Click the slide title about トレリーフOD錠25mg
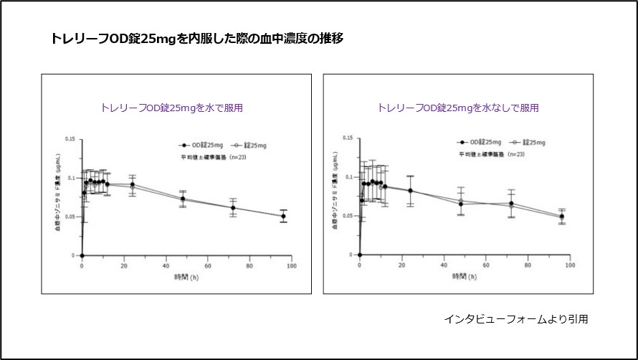coord(196,39)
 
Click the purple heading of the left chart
coord(172,108)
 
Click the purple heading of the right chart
coord(458,108)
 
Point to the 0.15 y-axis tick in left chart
coord(70,138)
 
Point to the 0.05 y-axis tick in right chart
coord(348,216)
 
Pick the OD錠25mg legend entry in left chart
coord(208,145)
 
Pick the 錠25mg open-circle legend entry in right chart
coord(530,143)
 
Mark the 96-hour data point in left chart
coord(283,216)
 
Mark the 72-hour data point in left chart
coord(233,208)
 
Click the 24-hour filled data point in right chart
coord(410,191)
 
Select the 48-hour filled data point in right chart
coord(461,204)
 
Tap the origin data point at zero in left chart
coord(82,255)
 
